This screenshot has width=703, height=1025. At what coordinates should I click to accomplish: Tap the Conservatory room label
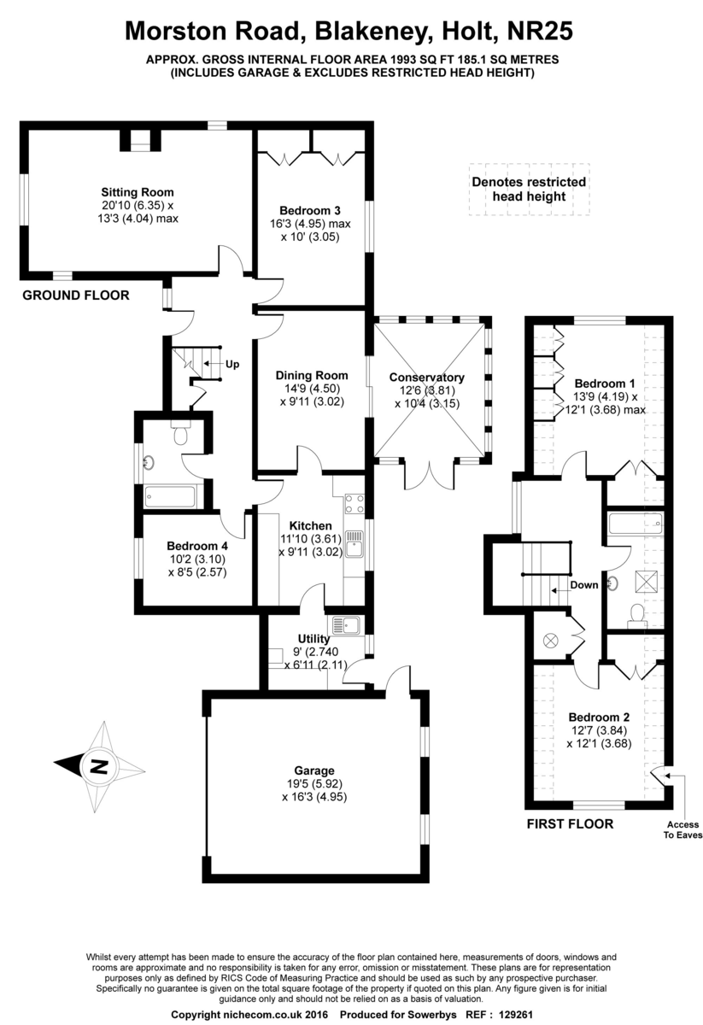coord(426,378)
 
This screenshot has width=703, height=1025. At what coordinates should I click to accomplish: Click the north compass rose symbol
coord(94,763)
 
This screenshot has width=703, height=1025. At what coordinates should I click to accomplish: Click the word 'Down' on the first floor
coord(584,586)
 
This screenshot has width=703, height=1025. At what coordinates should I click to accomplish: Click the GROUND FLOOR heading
coord(75,296)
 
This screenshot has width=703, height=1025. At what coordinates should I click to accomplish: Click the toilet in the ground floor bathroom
coord(180,435)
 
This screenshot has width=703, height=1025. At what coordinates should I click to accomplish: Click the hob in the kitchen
coord(354,504)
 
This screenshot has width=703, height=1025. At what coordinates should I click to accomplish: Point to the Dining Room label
coord(311,375)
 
